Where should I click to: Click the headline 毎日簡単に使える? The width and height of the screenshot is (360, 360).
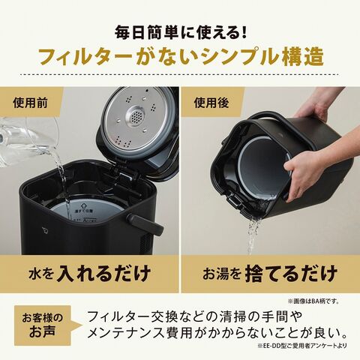click(x=180, y=33)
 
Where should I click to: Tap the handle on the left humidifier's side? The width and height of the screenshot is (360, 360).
click(x=138, y=222)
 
